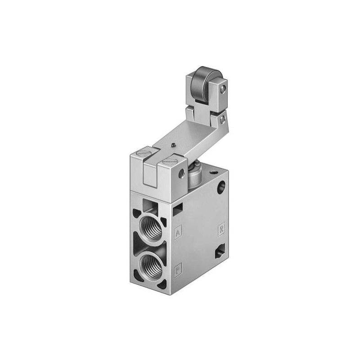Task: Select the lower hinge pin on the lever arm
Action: pos(222,119)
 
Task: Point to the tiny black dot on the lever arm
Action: pos(174,145)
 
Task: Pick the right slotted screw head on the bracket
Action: pos(170,161)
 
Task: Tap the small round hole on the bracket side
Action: pos(181,173)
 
